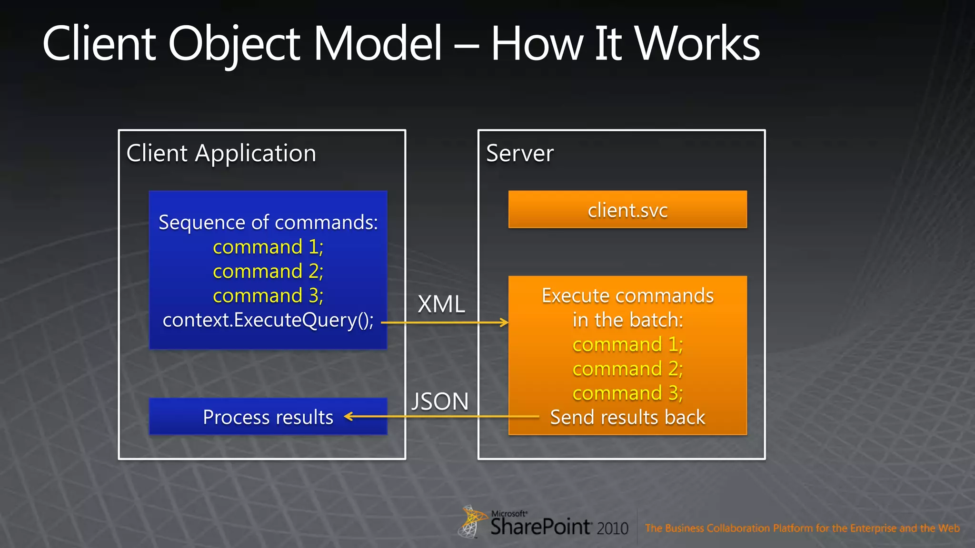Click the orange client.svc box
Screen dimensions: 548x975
(x=627, y=210)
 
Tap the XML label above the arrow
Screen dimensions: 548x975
(x=441, y=304)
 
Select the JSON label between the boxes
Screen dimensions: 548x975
(x=440, y=401)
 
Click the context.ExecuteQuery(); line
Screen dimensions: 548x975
(x=268, y=320)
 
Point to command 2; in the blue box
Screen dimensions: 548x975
(x=268, y=272)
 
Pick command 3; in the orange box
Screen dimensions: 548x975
(x=627, y=393)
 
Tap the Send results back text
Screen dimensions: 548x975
(x=627, y=418)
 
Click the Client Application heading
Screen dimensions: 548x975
(x=221, y=154)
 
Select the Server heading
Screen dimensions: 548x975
(x=520, y=154)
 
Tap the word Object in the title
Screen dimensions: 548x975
(x=234, y=44)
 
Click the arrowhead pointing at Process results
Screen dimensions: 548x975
(x=348, y=417)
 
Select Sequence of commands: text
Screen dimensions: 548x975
(x=268, y=222)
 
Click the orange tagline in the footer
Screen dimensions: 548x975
(x=802, y=528)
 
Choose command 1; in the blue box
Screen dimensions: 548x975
(x=268, y=247)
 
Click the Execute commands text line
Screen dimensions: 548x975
(x=627, y=296)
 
